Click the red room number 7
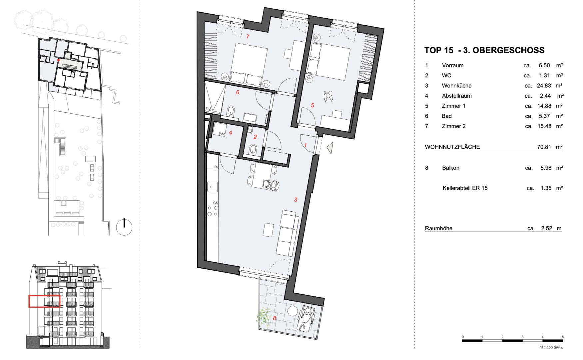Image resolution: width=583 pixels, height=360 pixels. point(248,36)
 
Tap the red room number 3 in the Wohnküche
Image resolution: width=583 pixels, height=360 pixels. point(295,200)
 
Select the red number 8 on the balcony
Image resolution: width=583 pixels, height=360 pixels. point(275,318)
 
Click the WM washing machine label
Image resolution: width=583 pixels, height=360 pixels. point(222,134)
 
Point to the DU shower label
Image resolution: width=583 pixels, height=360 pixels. point(209,108)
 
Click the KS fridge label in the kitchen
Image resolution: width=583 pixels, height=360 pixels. point(216,167)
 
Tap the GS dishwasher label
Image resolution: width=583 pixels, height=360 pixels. point(216,203)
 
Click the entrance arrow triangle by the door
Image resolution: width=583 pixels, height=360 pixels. point(330,148)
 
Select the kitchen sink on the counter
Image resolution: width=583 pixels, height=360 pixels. point(213,187)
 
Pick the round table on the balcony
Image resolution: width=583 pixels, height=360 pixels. point(292,311)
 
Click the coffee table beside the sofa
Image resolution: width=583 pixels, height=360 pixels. point(268,230)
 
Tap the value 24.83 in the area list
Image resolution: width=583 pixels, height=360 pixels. point(544,86)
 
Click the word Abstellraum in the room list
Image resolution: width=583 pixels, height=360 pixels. point(457,96)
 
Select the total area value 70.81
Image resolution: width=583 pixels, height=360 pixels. point(544,147)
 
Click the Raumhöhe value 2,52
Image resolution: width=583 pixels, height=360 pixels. point(547,228)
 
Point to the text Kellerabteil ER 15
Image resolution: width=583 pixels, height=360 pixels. point(465,188)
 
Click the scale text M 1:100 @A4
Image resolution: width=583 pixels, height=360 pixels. point(551,347)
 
